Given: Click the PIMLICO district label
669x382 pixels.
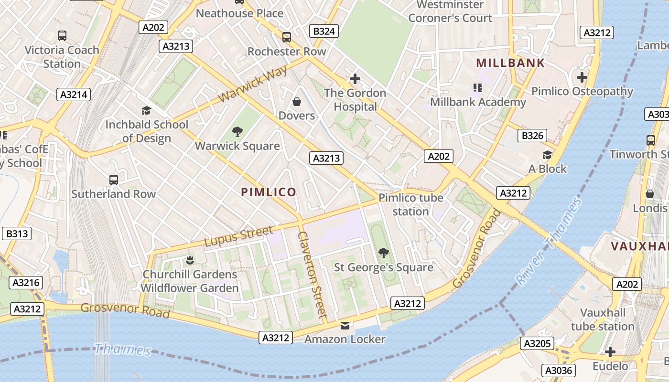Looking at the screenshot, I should (x=269, y=192).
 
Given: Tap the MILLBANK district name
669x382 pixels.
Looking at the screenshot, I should (x=510, y=63).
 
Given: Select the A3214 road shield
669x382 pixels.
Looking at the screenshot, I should (x=74, y=95).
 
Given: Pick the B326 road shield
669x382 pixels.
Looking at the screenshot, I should (x=533, y=136).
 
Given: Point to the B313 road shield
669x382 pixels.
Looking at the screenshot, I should (x=17, y=234).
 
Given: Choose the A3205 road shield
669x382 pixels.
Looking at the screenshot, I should (x=538, y=343).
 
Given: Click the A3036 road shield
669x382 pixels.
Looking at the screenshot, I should (x=559, y=370).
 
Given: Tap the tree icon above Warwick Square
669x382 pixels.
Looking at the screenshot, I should (x=237, y=132).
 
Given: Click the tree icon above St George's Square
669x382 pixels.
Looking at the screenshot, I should (x=383, y=253).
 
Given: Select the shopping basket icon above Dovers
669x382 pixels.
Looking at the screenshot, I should (x=297, y=102).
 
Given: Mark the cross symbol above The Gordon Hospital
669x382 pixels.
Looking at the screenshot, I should (x=355, y=79).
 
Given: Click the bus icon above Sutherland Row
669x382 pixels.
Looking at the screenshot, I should (x=114, y=180).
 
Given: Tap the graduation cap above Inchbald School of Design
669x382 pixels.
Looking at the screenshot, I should (x=146, y=111).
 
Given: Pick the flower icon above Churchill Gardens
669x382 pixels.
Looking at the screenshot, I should (x=190, y=260).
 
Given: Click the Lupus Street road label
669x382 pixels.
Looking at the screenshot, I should (x=239, y=236).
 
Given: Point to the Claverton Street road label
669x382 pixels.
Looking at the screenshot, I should (x=312, y=275).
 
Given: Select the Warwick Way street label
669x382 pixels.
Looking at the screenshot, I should (x=253, y=84).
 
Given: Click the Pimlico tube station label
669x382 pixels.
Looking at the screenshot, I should (x=410, y=204).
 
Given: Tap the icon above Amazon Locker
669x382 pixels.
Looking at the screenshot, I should (x=345, y=326).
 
